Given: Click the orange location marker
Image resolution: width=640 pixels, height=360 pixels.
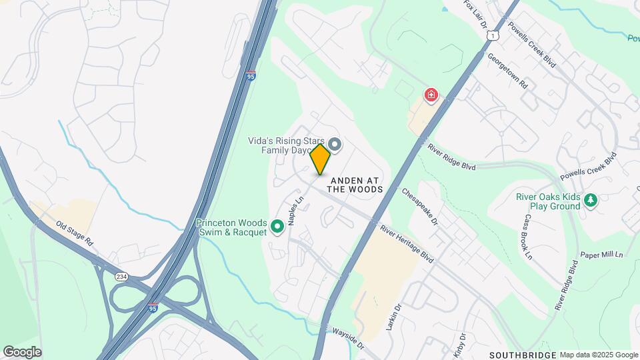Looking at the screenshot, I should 321,159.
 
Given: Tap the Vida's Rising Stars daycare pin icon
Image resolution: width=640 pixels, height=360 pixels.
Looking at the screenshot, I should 335,144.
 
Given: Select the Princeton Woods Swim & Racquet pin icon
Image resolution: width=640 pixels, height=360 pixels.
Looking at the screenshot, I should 277,228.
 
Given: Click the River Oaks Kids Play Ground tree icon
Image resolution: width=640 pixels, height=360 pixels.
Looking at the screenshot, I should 590,199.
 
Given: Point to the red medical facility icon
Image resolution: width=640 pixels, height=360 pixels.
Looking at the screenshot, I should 431,95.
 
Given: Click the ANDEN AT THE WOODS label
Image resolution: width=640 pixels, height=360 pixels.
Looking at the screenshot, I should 355,189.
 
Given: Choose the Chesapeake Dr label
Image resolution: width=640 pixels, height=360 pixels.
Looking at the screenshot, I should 419,205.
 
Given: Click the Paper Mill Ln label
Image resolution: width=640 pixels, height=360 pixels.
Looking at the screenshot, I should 601,255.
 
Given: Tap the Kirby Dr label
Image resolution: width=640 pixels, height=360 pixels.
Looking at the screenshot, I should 462,341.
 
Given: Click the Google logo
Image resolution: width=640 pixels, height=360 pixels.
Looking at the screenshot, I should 22,352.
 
